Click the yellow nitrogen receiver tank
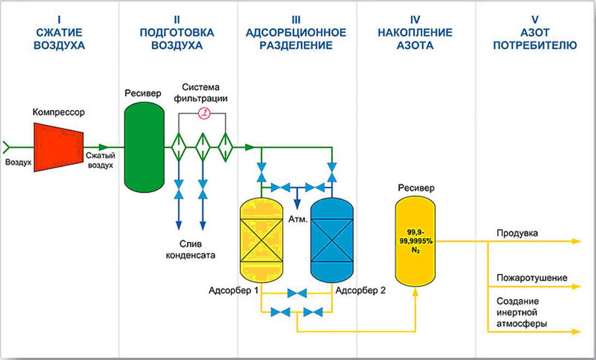point(416,240)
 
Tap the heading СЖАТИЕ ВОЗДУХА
point(59,39)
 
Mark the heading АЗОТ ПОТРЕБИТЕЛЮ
point(535,39)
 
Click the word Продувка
point(517,234)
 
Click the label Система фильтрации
point(205,93)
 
